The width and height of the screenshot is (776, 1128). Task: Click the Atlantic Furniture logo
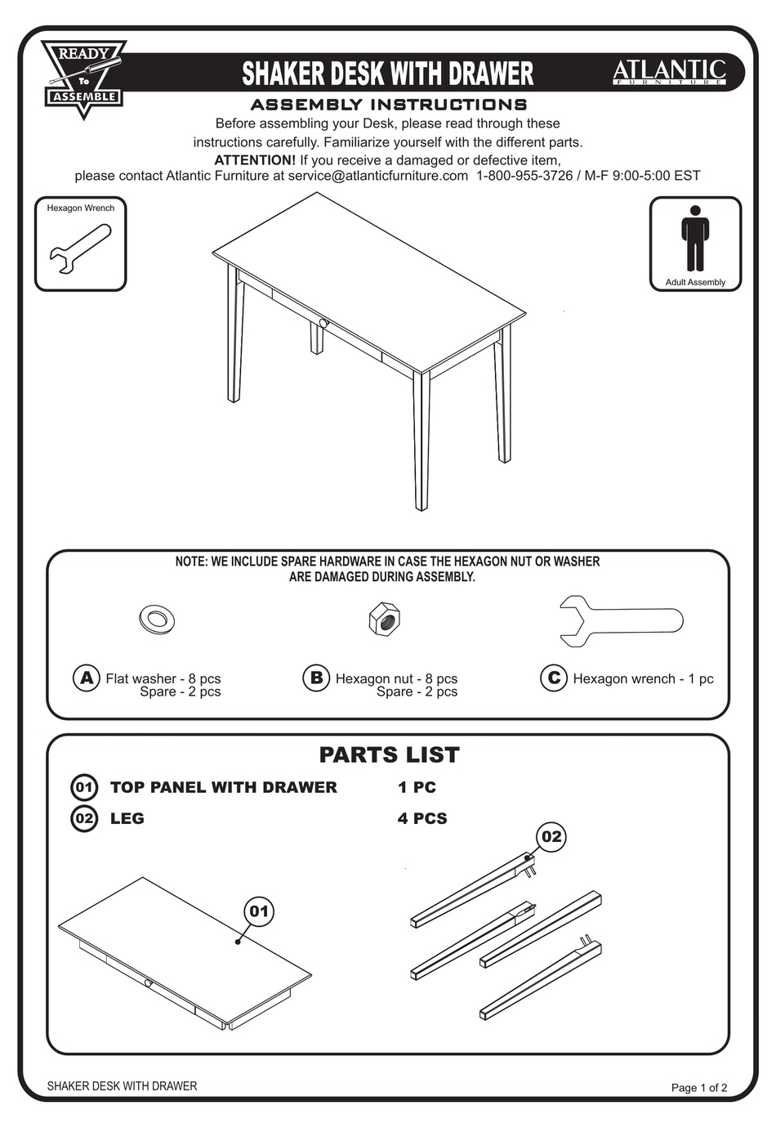(x=669, y=72)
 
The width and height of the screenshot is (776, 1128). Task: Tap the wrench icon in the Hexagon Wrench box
(x=79, y=249)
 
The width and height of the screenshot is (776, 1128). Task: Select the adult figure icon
(x=694, y=238)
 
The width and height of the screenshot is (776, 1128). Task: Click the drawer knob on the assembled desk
(x=323, y=324)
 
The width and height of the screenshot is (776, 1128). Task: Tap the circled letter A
(x=86, y=678)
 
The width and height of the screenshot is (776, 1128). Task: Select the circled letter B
(x=316, y=678)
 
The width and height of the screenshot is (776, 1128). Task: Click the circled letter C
(x=553, y=678)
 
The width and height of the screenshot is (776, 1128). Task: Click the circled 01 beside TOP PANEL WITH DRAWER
(x=84, y=787)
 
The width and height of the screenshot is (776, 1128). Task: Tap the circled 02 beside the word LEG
(x=84, y=818)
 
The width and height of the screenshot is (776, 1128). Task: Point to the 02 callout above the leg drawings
(x=551, y=836)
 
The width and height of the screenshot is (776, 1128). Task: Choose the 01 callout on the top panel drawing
(x=259, y=911)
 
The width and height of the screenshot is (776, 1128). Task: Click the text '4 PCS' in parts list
(x=422, y=818)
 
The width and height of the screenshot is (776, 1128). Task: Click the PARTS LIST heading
(x=389, y=754)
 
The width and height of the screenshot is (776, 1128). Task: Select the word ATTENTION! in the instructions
(x=255, y=160)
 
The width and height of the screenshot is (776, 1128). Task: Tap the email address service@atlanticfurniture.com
(x=377, y=176)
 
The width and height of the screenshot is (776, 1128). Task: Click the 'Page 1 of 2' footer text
(x=698, y=1087)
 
